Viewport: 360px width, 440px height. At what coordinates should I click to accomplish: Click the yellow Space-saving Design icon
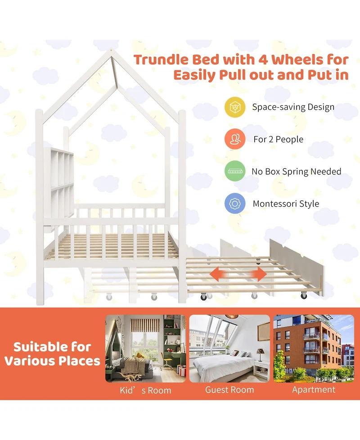click(x=234, y=107)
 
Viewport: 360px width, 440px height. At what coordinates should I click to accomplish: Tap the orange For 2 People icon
click(x=234, y=139)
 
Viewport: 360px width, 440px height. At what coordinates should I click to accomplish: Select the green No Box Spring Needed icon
click(x=234, y=172)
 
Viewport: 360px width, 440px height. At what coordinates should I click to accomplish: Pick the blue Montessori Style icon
click(x=234, y=204)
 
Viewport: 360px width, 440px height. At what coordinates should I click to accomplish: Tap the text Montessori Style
click(x=286, y=204)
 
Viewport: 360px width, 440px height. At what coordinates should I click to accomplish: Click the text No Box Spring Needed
click(x=296, y=172)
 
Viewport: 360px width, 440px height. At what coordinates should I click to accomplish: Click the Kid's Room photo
click(x=145, y=349)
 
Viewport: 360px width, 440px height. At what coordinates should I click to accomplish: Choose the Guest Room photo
click(x=229, y=349)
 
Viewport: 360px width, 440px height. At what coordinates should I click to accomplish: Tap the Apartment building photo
click(x=314, y=349)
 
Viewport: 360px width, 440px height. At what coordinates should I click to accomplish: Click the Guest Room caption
click(x=229, y=390)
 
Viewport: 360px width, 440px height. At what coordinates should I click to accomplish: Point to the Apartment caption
click(x=314, y=390)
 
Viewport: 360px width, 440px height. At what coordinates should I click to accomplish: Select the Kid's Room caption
click(x=145, y=390)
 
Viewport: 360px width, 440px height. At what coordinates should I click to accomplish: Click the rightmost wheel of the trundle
click(x=304, y=295)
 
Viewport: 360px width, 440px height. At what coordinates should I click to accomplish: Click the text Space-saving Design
click(x=293, y=107)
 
